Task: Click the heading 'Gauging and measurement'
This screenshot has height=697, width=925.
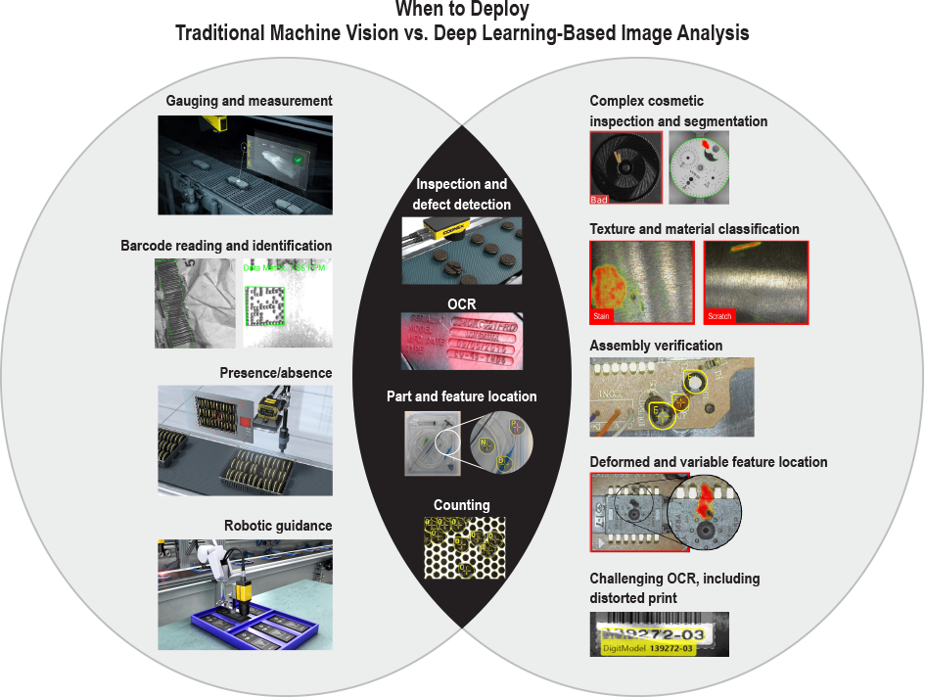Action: tap(249, 101)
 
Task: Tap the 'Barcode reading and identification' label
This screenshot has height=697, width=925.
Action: tap(226, 246)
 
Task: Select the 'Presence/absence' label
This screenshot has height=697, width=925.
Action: tap(275, 373)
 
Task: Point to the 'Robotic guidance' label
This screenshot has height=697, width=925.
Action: tap(278, 525)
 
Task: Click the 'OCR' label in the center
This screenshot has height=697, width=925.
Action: tap(462, 304)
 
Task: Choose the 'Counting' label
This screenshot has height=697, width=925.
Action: tap(462, 506)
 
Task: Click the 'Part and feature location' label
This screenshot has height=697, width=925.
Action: tap(462, 396)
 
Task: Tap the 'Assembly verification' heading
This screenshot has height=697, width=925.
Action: tap(656, 346)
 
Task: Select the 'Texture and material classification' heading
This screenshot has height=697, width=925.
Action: tap(694, 229)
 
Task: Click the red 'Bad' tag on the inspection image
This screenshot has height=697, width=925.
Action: tap(600, 200)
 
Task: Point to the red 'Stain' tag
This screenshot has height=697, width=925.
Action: tap(601, 317)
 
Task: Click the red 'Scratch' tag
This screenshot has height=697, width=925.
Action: tap(718, 317)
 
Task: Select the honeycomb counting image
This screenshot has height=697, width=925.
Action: tap(462, 547)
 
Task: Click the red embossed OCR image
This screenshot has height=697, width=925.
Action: tap(462, 341)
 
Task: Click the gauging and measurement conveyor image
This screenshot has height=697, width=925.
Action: tap(245, 164)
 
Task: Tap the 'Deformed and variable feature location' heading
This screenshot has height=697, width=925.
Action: tap(708, 462)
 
